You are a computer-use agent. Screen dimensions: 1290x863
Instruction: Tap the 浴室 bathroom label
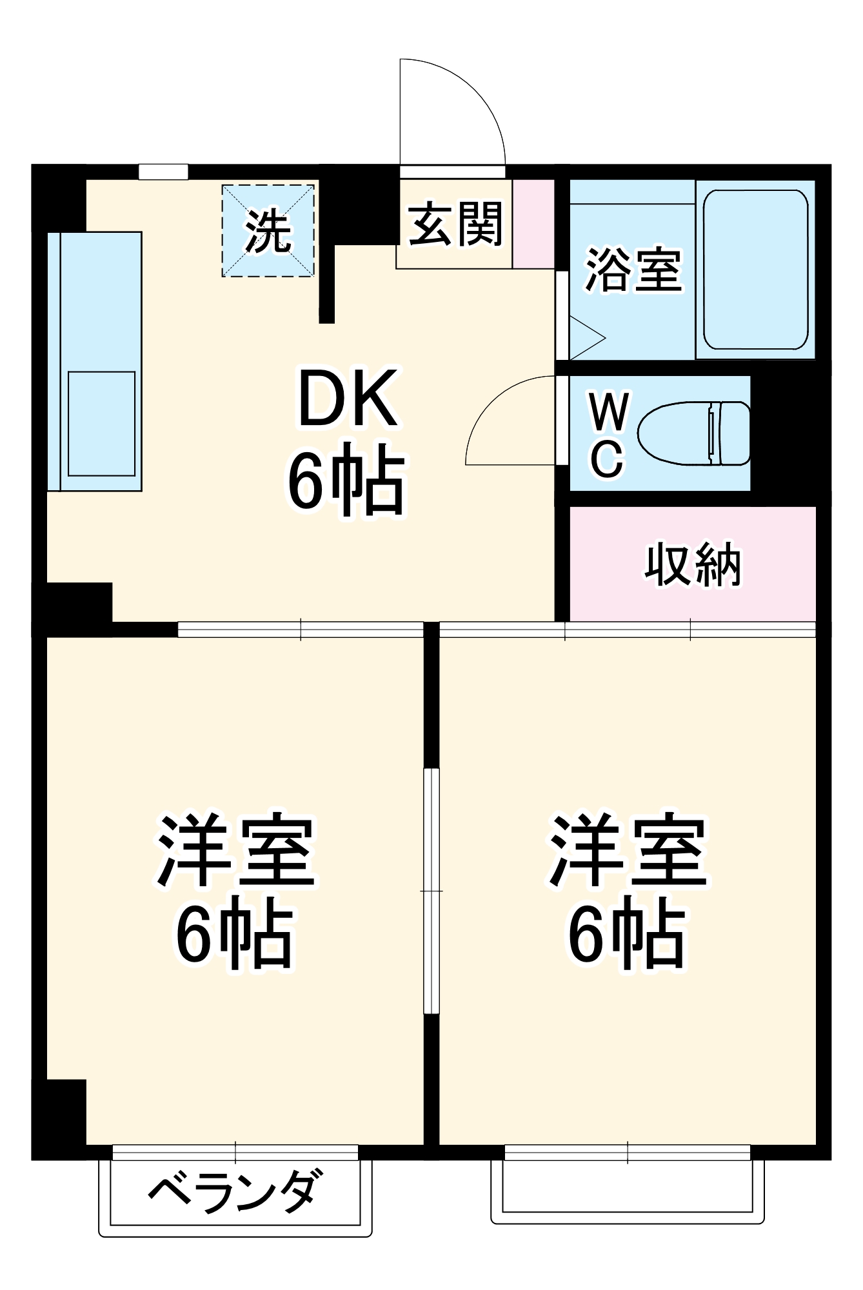coord(633,269)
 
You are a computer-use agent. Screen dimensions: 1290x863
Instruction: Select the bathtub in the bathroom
coord(755,270)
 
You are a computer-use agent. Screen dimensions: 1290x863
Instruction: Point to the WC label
coord(608,434)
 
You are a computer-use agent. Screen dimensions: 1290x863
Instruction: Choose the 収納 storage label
coord(693,566)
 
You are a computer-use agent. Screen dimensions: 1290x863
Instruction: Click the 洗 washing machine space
coord(268,231)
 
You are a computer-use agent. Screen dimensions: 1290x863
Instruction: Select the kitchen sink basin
coord(102,423)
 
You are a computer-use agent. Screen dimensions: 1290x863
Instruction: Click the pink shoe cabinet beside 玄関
coord(533,224)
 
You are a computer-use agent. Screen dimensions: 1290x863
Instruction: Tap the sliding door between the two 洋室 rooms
coord(431,890)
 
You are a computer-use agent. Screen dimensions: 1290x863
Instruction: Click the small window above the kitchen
coord(163,172)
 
